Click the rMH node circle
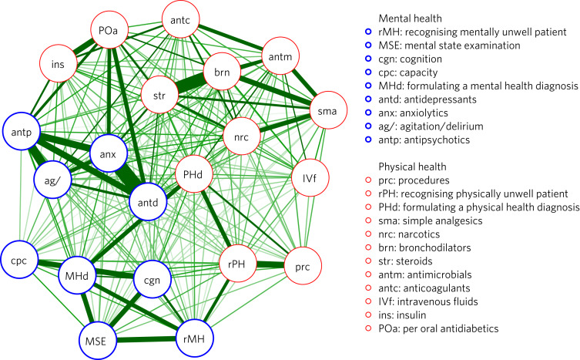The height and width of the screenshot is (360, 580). click(193, 337)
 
